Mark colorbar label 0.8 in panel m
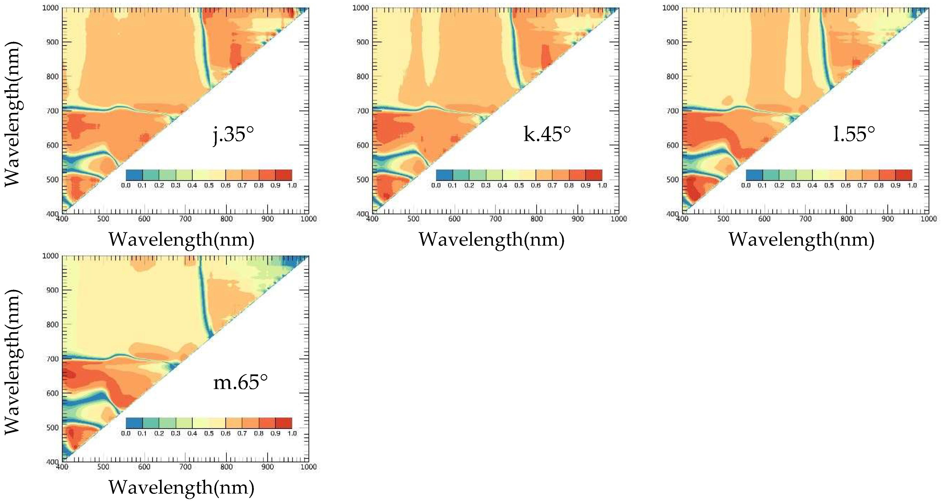(x=259, y=433)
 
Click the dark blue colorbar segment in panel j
(x=134, y=175)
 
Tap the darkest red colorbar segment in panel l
(x=904, y=175)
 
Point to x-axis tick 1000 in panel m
(x=308, y=467)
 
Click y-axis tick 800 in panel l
(x=673, y=77)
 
